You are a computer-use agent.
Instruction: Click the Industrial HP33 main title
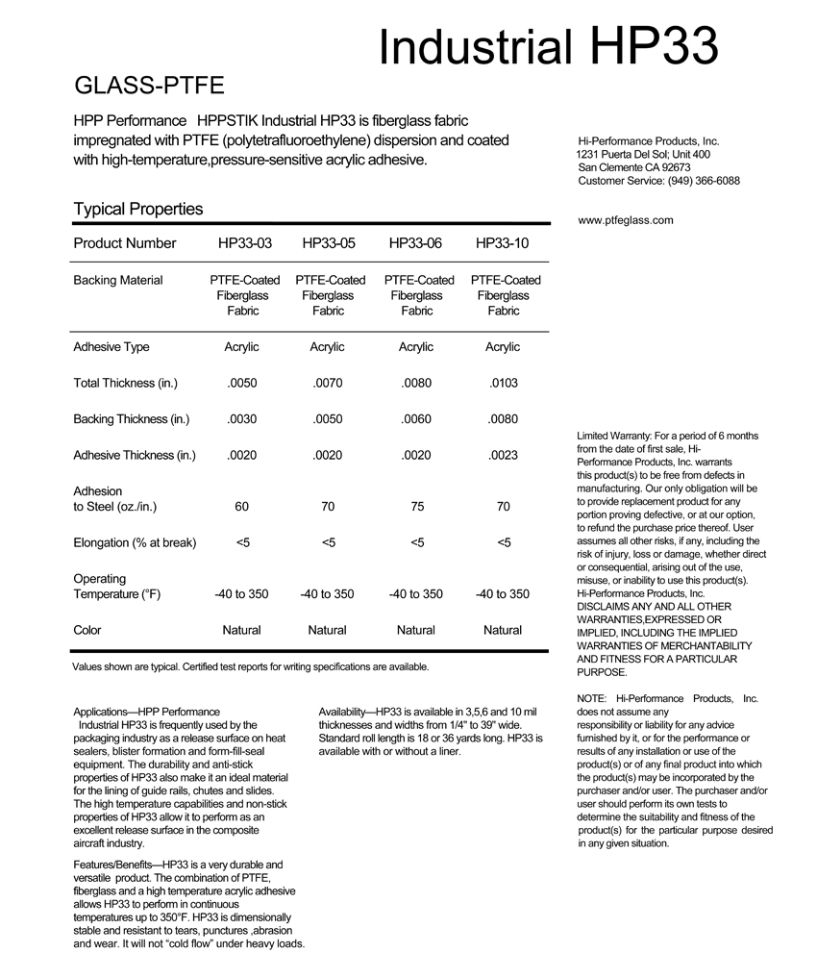pyautogui.click(x=548, y=44)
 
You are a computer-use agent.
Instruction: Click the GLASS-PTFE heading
pyautogui.click(x=149, y=87)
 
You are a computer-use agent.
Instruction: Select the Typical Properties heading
pyautogui.click(x=137, y=209)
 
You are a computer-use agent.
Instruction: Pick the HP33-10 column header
pyautogui.click(x=503, y=243)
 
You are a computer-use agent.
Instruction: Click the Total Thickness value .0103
pyautogui.click(x=503, y=383)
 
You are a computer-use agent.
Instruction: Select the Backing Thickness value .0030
pyautogui.click(x=241, y=419)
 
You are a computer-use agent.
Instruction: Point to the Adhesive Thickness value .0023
pyautogui.click(x=503, y=456)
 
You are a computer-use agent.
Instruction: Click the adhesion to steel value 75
pyautogui.click(x=416, y=507)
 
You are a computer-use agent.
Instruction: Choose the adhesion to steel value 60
pyautogui.click(x=241, y=507)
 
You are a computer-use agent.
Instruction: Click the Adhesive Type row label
pyautogui.click(x=111, y=347)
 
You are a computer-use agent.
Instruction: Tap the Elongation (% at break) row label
pyautogui.click(x=135, y=543)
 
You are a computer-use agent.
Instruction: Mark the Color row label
pyautogui.click(x=87, y=631)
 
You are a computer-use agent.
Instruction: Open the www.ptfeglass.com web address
pyautogui.click(x=626, y=220)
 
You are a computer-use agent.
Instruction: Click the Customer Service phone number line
pyautogui.click(x=658, y=181)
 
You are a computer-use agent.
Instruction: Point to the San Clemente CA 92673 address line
pyautogui.click(x=634, y=167)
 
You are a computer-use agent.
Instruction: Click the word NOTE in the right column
pyautogui.click(x=590, y=698)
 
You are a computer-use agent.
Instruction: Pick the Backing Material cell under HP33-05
pyautogui.click(x=328, y=295)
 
